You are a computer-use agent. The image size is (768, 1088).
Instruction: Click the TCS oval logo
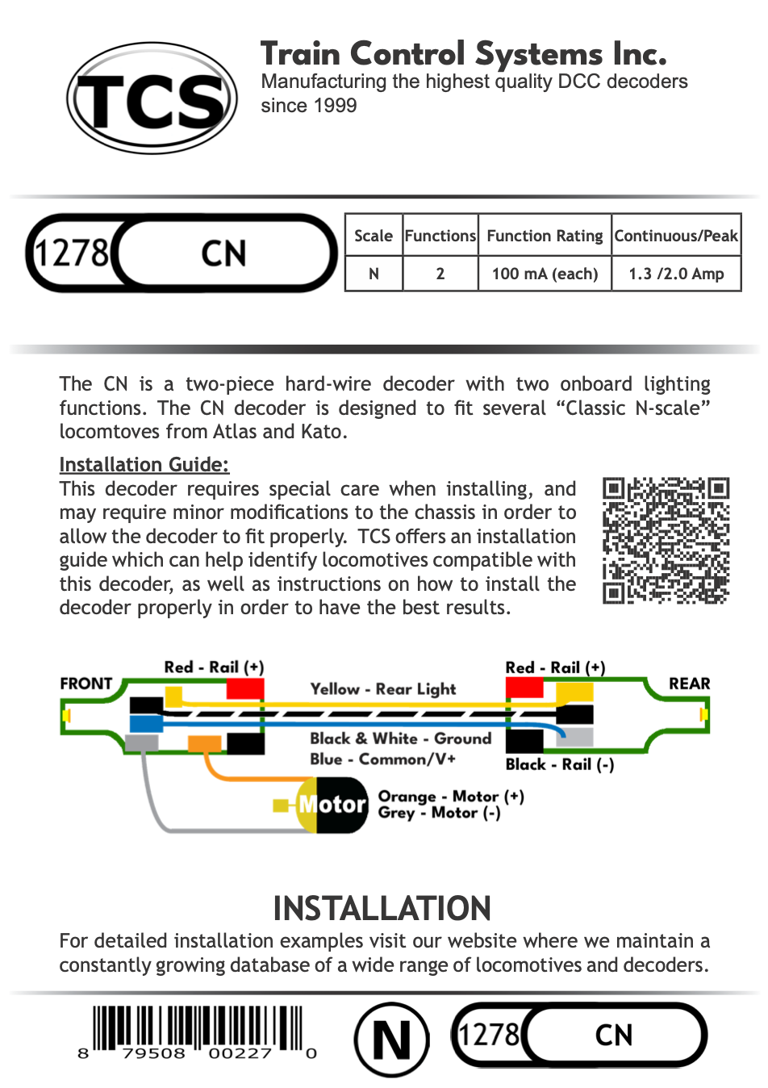(x=152, y=99)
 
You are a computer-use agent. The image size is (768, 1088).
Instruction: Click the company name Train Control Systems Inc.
(x=463, y=54)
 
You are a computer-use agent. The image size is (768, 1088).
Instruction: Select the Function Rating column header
(x=545, y=236)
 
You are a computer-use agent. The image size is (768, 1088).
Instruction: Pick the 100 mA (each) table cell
(x=545, y=274)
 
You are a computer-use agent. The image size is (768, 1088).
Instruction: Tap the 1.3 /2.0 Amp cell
(x=676, y=274)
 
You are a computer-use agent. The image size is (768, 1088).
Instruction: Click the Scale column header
(x=374, y=236)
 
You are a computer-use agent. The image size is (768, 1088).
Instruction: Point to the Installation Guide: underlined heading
(x=144, y=465)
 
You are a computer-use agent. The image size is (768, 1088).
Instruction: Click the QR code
(x=666, y=541)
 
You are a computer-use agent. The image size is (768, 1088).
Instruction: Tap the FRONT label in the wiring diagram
(x=86, y=684)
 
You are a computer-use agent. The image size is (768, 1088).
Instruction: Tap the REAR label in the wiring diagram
(x=689, y=684)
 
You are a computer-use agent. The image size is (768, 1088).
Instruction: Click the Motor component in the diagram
(x=332, y=805)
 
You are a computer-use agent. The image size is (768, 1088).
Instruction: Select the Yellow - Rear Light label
(x=383, y=689)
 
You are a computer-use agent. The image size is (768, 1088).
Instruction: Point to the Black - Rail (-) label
(x=559, y=764)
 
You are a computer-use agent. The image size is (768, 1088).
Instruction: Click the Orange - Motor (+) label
(x=451, y=797)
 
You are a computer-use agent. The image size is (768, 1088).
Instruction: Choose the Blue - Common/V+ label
(x=382, y=760)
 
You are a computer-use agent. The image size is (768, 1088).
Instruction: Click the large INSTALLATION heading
(x=382, y=909)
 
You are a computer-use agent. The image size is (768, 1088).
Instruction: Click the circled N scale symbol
(x=392, y=1040)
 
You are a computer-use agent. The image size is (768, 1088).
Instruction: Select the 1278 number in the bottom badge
(x=489, y=1035)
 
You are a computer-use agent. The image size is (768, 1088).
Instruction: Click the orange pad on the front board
(x=204, y=743)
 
